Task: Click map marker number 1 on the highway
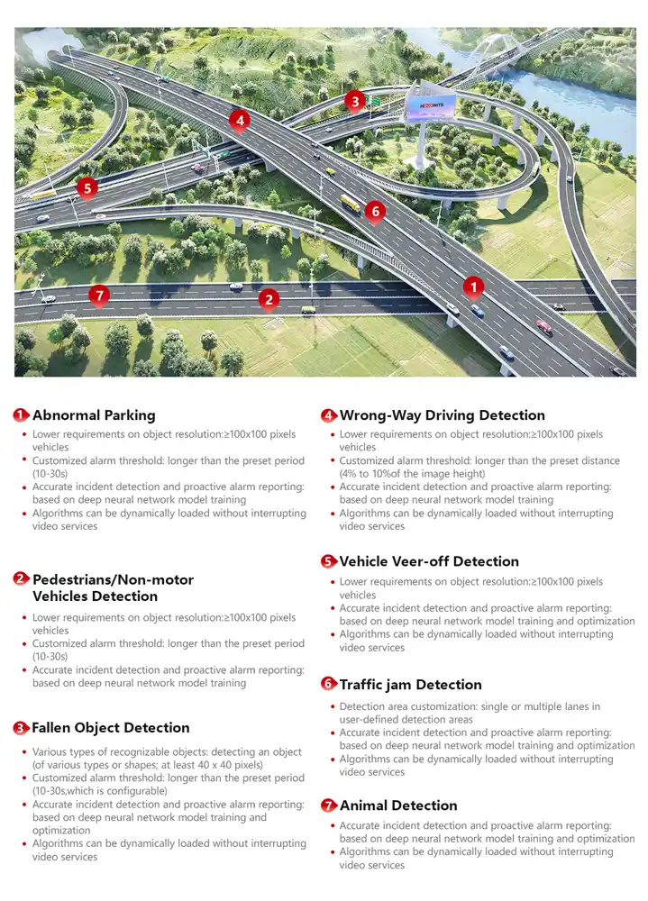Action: tap(473, 287)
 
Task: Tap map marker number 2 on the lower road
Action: tap(268, 299)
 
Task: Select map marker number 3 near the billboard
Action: tap(355, 101)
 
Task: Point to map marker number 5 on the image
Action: tap(87, 187)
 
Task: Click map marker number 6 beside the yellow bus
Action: tap(376, 212)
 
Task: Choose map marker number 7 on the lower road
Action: tap(99, 295)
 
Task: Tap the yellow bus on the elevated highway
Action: tap(350, 205)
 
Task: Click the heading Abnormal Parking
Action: tap(94, 415)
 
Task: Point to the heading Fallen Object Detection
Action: tap(111, 728)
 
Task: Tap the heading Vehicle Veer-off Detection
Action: tap(429, 561)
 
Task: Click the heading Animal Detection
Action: tap(398, 805)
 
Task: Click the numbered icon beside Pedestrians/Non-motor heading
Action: tap(21, 579)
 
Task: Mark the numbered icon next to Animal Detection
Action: tap(329, 805)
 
